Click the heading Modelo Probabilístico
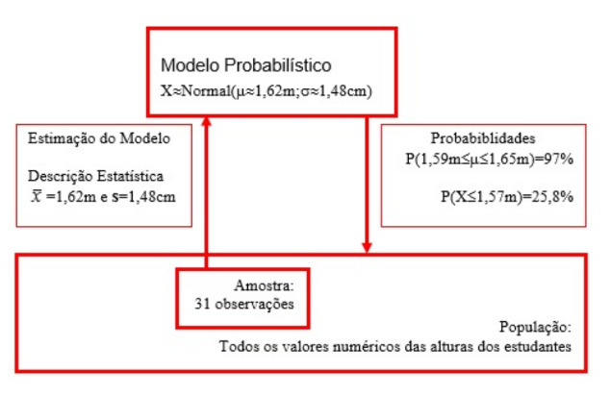pos(246,65)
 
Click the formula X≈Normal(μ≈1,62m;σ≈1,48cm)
pos(267,91)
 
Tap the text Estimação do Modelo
pos(99,138)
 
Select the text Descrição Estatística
pos(95,176)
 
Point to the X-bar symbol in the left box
pos(37,196)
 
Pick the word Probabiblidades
pos(483,138)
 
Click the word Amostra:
pos(265,285)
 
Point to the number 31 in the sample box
pos(202,304)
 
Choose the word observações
pos(254,304)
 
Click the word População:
pos(535,328)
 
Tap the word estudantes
pos(538,346)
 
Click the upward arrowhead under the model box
pos(207,121)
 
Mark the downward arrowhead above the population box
pos(367,248)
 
